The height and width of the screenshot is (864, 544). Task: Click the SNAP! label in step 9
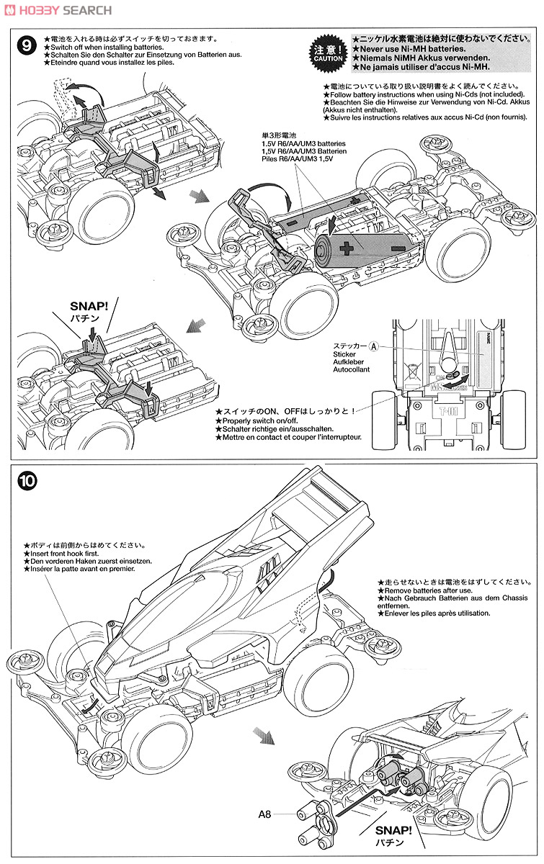coord(89,305)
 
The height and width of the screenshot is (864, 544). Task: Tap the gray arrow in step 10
coord(264,737)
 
